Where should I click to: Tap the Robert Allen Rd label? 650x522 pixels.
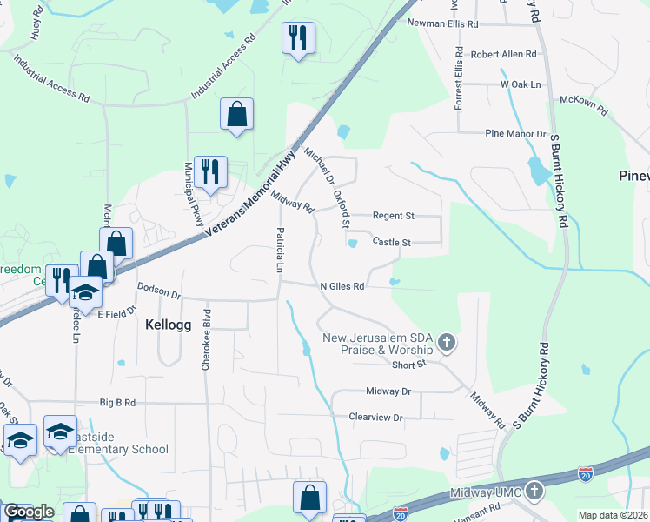[x=504, y=54]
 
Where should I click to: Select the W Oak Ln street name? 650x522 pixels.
[x=520, y=84]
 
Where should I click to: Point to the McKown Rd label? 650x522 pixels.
[x=584, y=102]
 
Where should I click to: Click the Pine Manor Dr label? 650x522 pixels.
[x=514, y=135]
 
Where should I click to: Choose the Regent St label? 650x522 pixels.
[x=394, y=215]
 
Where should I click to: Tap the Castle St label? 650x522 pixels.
[x=391, y=242]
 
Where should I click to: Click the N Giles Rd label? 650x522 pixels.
[x=342, y=285]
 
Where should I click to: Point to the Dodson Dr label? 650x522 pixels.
[x=158, y=291]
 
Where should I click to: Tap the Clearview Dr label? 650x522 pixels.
[x=376, y=418]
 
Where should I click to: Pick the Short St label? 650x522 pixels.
[x=408, y=365]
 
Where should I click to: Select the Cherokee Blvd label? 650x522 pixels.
[x=207, y=341]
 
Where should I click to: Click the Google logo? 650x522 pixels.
[x=29, y=512]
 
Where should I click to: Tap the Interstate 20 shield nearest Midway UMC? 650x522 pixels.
[x=586, y=475]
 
